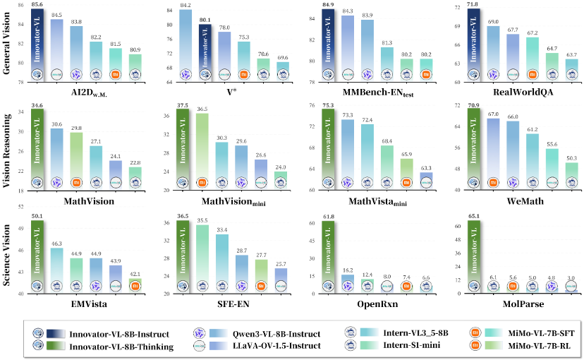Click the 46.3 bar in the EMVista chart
pyautogui.click(x=56, y=268)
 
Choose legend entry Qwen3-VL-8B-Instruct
pyautogui.click(x=274, y=332)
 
